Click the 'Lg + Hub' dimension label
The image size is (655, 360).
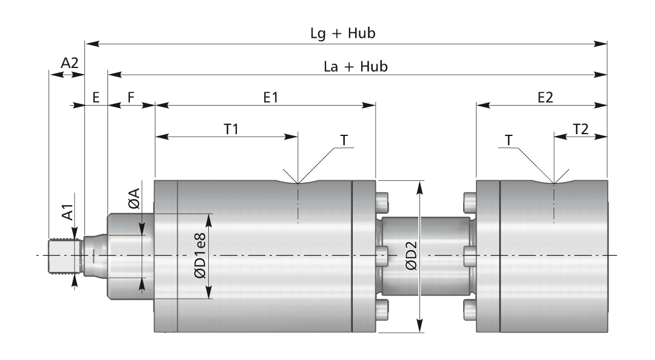pos(343,33)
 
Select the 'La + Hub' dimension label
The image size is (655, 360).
pos(356,66)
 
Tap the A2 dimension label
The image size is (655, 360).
pos(70,63)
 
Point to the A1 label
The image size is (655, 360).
pos(67,212)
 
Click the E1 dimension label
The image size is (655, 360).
pos(270,97)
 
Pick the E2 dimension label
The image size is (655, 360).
pos(545,97)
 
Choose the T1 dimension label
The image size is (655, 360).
pos(231,129)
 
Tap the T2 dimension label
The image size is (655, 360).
pos(581,129)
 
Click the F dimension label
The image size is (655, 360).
pos(131,98)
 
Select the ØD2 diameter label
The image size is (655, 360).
pos(412,256)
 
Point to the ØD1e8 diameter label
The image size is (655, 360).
pos(200,256)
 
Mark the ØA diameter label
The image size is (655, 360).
pos(134,199)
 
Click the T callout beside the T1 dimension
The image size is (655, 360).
pos(344,140)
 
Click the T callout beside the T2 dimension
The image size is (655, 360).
pos(508,140)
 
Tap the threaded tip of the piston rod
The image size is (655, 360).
pos(64,256)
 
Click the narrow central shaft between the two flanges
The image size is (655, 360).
pos(426,256)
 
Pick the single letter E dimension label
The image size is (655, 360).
pos(96,98)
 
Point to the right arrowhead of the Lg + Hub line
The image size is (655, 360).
pos(601,44)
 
